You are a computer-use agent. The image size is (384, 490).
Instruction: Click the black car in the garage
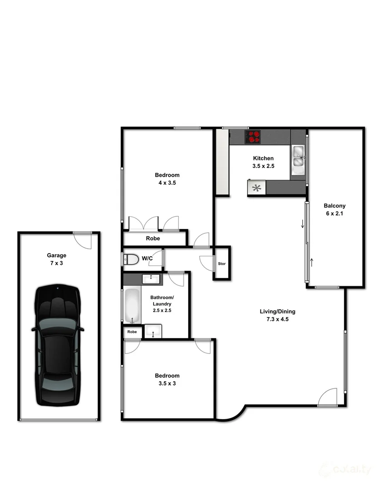coord(58,345)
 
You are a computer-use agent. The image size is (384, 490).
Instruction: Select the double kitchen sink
coord(299,160)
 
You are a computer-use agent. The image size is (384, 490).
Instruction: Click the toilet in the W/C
coord(131,259)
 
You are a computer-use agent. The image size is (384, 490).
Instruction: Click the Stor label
coord(222,264)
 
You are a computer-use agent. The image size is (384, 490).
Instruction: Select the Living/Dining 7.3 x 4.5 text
coord(277,315)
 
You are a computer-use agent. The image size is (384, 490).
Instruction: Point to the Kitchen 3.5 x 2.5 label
coord(264,162)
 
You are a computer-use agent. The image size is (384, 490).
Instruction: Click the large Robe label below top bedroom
coord(153,239)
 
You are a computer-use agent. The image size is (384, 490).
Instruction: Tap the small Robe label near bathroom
coord(132,332)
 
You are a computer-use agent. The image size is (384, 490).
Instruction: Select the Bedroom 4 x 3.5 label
coord(167,179)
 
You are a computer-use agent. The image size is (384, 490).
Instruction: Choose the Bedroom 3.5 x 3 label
coord(167,379)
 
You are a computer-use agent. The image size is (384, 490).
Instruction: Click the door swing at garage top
coord(84,240)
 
